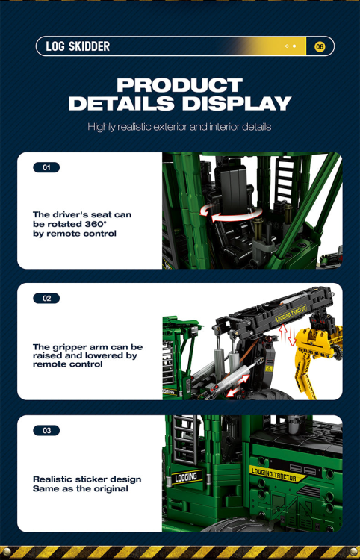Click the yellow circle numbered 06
click(320, 46)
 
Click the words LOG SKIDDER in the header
click(78, 46)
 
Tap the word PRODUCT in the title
click(179, 85)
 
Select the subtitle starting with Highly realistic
click(179, 127)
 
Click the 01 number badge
click(46, 168)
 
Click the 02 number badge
click(46, 299)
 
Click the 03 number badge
click(46, 431)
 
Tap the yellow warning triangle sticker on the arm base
click(267, 369)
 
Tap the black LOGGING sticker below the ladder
click(185, 476)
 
